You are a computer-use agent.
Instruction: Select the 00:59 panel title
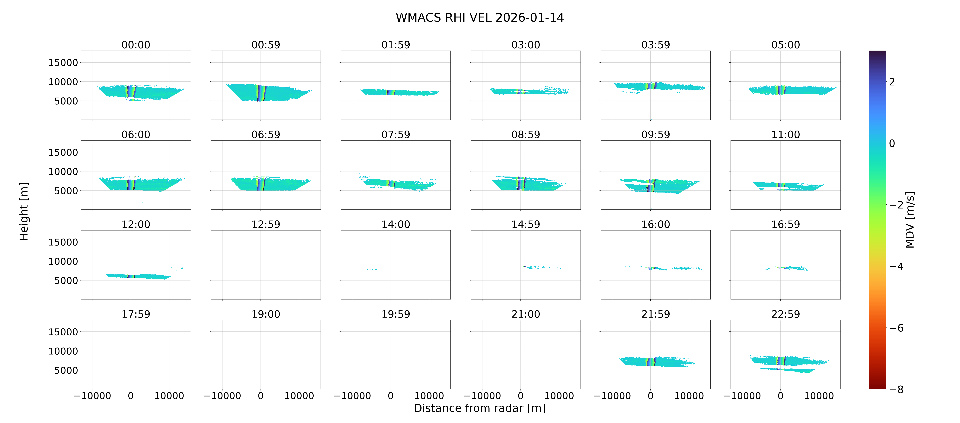(x=266, y=45)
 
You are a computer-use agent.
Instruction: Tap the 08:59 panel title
(x=526, y=134)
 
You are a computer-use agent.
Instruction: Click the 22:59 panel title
(x=786, y=314)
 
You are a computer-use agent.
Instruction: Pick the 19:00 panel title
(x=266, y=314)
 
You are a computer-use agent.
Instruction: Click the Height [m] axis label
(x=24, y=211)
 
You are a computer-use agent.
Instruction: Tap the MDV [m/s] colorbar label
(x=910, y=220)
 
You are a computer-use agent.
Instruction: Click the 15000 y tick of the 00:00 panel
(x=63, y=63)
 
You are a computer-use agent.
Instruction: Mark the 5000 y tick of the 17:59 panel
(x=66, y=370)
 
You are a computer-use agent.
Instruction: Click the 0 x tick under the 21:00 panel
(x=521, y=396)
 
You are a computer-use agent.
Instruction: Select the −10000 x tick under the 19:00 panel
(x=222, y=396)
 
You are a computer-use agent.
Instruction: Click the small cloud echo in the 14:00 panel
(x=372, y=269)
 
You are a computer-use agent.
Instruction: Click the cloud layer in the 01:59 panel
(x=399, y=92)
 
